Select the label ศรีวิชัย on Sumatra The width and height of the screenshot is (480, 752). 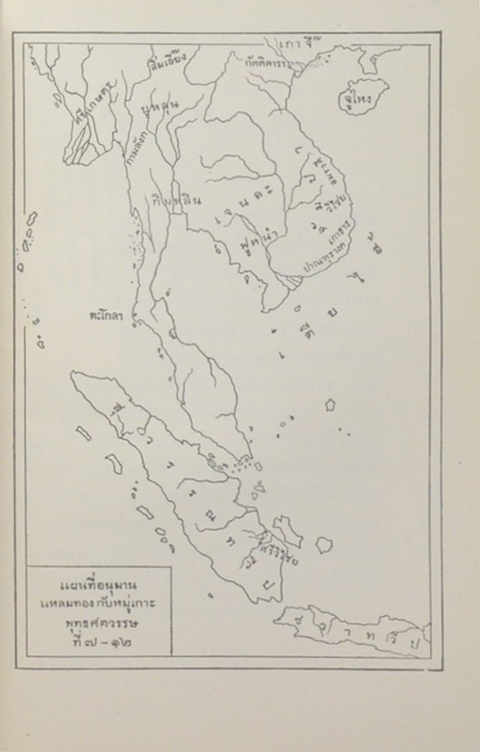(x=277, y=559)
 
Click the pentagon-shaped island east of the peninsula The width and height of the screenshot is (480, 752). (x=329, y=404)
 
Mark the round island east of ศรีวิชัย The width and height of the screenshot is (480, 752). (x=323, y=545)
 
